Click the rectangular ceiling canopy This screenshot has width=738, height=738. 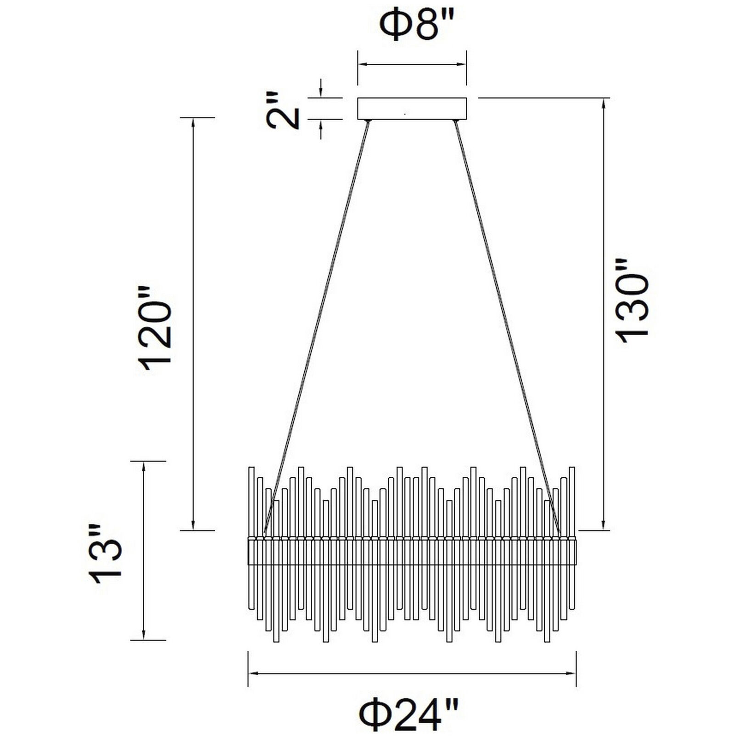[412, 108]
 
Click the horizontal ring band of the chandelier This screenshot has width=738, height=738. [412, 551]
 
